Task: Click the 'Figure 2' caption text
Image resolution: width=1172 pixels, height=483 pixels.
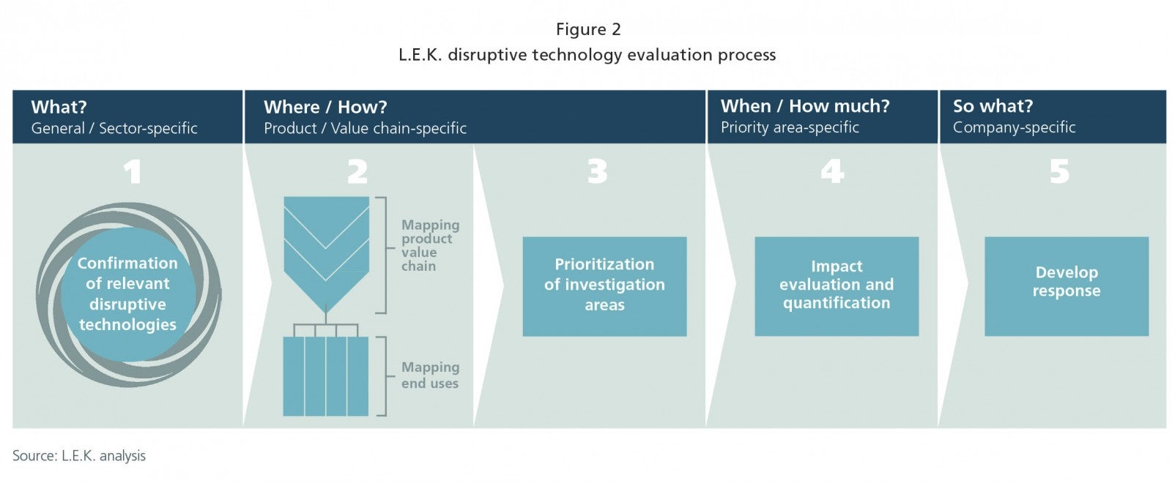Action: pos(588,29)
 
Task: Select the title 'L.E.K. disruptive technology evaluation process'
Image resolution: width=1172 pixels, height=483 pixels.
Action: pos(587,55)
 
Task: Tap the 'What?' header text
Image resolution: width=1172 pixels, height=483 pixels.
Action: pos(59,107)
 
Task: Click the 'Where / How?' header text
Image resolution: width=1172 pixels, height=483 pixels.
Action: pos(325,107)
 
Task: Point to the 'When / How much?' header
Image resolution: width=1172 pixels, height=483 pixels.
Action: pos(805,106)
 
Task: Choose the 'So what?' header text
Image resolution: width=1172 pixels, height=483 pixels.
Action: pos(993,106)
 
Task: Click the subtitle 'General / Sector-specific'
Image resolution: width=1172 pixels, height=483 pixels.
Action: pos(114,128)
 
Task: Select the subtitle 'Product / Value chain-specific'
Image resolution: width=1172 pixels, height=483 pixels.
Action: pos(366,128)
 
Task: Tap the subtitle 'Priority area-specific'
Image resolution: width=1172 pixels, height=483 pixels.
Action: pos(790,127)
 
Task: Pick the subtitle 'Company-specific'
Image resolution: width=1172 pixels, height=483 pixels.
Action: pos(1015,127)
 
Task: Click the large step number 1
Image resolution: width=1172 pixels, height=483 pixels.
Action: pos(133,171)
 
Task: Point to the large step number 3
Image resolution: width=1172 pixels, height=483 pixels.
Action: pos(598,171)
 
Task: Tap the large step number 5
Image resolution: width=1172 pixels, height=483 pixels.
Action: pos(1059,171)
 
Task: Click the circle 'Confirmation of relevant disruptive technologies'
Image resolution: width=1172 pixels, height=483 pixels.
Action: pos(128,294)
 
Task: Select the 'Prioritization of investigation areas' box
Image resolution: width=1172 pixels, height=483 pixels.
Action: pos(604,286)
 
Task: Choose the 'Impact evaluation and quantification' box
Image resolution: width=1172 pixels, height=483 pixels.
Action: pos(837,286)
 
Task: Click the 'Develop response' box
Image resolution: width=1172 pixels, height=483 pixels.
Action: pos(1067,286)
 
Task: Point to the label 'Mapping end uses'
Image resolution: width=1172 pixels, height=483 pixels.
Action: pos(431,375)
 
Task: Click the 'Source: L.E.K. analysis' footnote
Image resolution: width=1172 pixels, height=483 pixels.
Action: pos(79,456)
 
